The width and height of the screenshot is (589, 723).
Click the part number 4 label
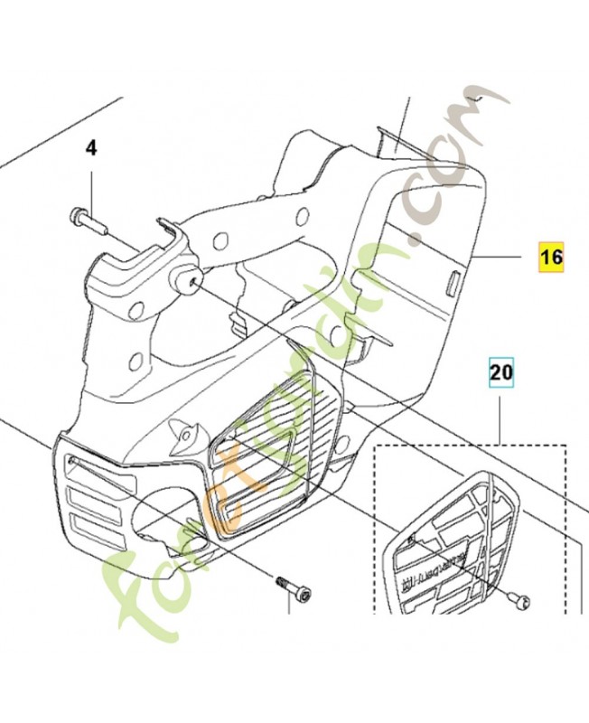point(91,147)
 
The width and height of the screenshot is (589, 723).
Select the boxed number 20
point(500,371)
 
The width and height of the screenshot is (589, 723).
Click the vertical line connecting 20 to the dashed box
point(500,416)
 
